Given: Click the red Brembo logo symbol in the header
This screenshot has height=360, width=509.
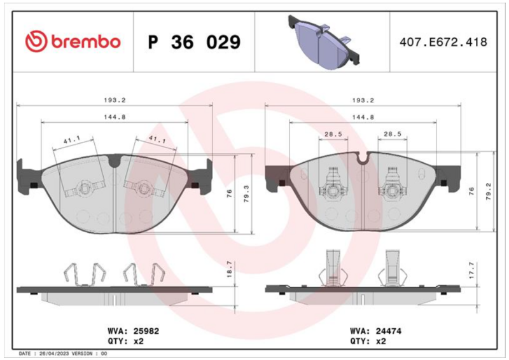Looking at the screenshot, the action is point(36,41).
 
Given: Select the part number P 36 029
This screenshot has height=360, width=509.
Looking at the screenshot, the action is point(194,42).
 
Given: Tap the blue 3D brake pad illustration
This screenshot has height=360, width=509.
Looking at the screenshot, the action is point(324,42).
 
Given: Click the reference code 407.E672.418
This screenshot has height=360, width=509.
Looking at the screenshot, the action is point(443,42).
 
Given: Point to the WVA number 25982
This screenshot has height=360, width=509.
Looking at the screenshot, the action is point(146,331).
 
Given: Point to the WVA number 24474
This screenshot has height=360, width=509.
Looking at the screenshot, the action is point(389,331).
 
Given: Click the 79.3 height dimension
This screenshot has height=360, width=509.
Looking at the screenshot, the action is point(246,194).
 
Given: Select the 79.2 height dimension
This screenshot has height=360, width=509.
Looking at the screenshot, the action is point(489,191).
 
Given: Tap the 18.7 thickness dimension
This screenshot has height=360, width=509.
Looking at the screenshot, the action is point(230,269).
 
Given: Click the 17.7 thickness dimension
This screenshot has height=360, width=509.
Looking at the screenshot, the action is point(471,270).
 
